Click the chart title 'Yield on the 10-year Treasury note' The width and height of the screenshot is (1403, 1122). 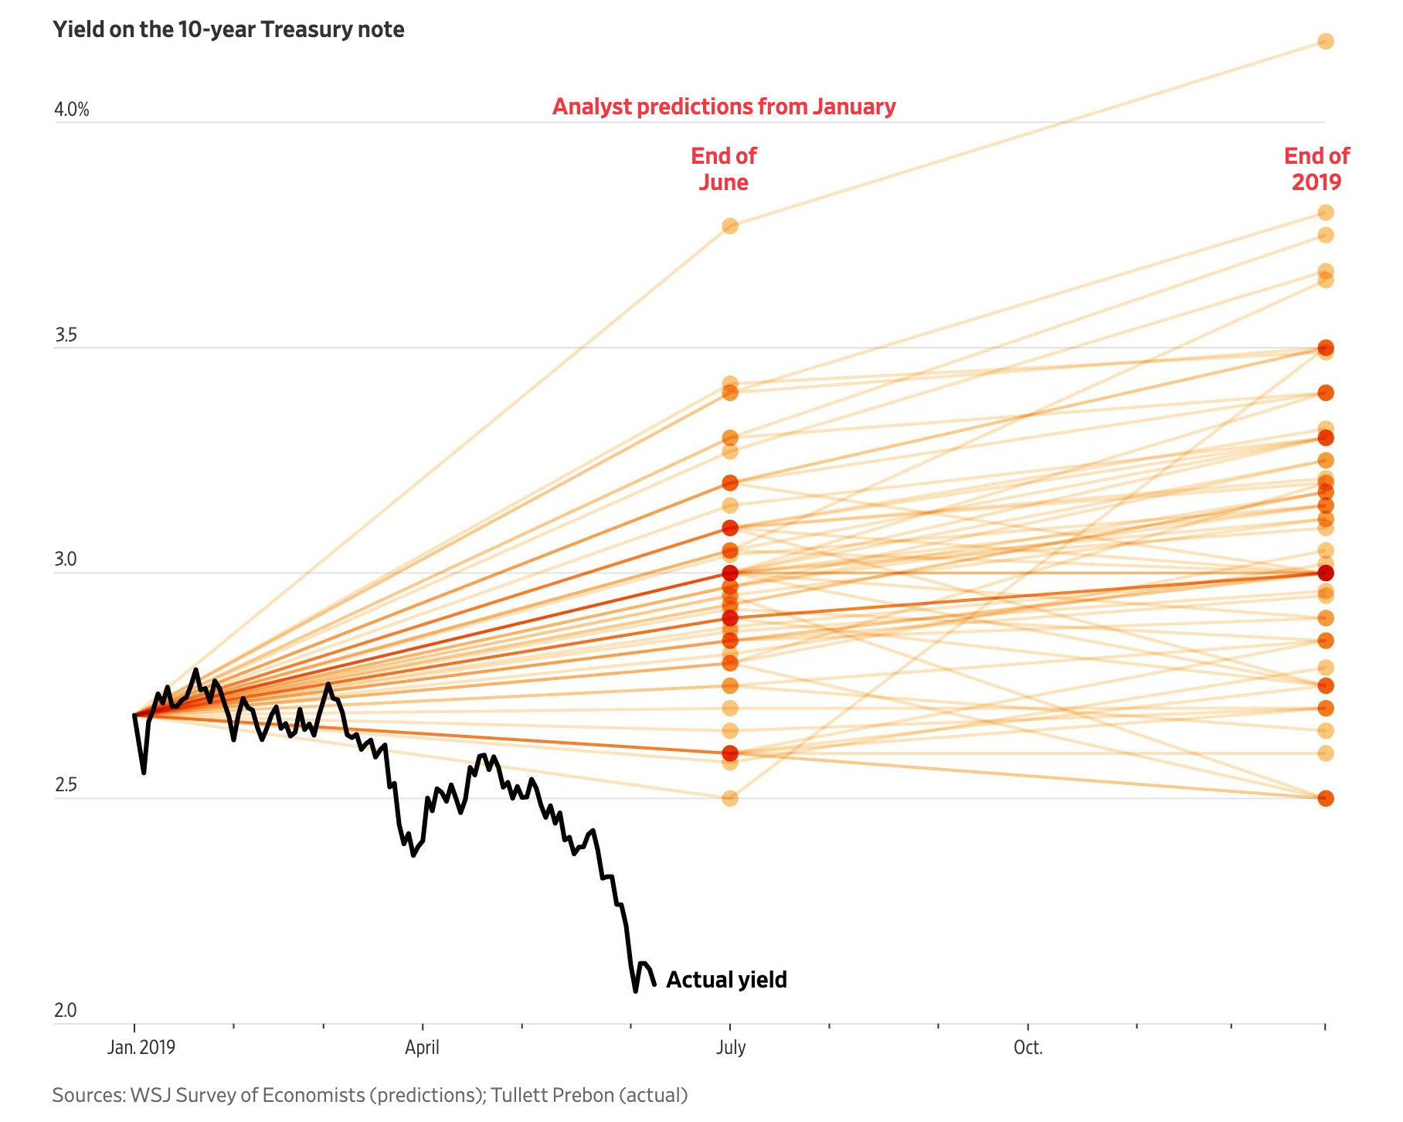pos(229,30)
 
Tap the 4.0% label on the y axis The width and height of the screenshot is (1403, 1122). pos(72,110)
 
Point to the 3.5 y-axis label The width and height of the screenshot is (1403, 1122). pos(66,335)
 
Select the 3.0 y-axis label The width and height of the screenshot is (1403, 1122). pos(66,559)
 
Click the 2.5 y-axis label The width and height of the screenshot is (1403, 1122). pos(66,785)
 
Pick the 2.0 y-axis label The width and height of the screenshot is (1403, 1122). pos(66,1011)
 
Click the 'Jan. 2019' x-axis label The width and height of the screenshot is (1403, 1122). pos(141,1048)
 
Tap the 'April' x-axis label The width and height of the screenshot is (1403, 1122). pos(422,1048)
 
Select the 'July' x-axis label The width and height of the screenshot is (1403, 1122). pos(730,1048)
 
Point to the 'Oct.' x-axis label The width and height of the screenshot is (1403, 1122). pos(1028,1048)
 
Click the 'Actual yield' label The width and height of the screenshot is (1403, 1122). pos(726,980)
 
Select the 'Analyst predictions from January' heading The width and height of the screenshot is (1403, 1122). pos(724,107)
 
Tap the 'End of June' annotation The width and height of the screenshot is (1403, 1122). pos(724,169)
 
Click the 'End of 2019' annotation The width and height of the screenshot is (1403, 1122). pos(1316,169)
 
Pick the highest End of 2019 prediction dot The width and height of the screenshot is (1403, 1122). pos(1326,41)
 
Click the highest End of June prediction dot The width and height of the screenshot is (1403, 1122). pos(730,226)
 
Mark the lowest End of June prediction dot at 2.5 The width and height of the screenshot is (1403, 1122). pos(730,798)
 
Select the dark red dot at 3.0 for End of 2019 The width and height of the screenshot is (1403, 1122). pos(1326,573)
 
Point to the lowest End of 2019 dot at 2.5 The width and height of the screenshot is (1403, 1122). pos(1326,798)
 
